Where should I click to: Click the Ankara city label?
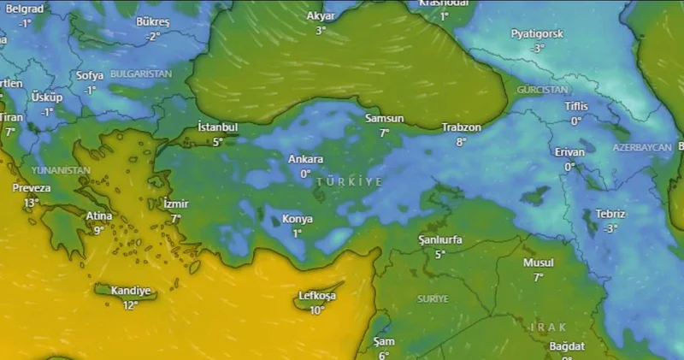pyautogui.click(x=305, y=159)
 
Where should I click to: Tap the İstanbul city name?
pyautogui.click(x=217, y=127)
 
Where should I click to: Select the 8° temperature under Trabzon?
pyautogui.click(x=461, y=142)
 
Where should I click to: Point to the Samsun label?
pyautogui.click(x=384, y=119)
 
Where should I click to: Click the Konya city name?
pyautogui.click(x=298, y=220)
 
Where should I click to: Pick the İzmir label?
pyautogui.click(x=175, y=204)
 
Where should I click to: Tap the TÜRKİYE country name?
pyautogui.click(x=350, y=182)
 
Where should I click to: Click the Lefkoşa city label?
pyautogui.click(x=316, y=296)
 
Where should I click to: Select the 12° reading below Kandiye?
pyautogui.click(x=130, y=304)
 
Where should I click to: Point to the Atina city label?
pyautogui.click(x=99, y=216)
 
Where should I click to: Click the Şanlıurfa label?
pyautogui.click(x=440, y=240)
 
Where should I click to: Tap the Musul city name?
pyautogui.click(x=539, y=263)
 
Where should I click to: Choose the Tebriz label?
pyautogui.click(x=610, y=214)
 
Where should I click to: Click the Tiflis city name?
pyautogui.click(x=576, y=107)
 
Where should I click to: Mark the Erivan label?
pyautogui.click(x=569, y=152)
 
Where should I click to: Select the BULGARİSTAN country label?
pyautogui.click(x=141, y=74)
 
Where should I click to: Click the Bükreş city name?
pyautogui.click(x=153, y=21)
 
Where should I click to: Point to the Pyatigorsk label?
pyautogui.click(x=537, y=34)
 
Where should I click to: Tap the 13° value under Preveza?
pyautogui.click(x=32, y=203)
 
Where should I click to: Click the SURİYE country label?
pyautogui.click(x=433, y=298)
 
